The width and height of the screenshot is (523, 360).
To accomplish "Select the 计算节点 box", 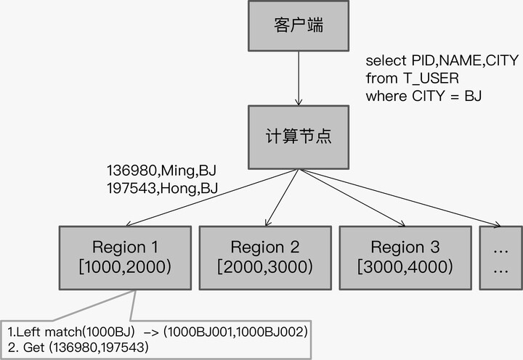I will click(x=299, y=137).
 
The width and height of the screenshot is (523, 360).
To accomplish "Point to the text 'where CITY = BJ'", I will click(x=423, y=95).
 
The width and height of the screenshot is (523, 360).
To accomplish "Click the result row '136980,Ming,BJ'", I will click(x=161, y=172).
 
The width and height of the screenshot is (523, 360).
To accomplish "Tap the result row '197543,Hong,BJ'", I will click(x=161, y=189).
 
